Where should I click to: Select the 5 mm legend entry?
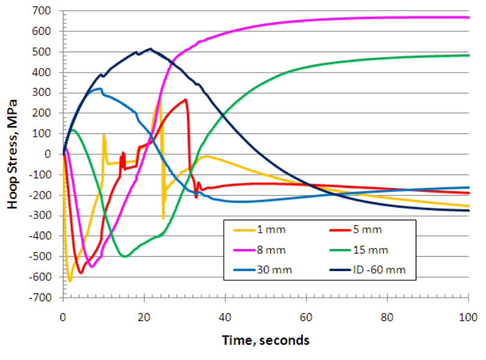click(x=364, y=229)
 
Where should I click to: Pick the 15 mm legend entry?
click(x=366, y=250)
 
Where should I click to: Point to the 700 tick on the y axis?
click(x=49, y=11)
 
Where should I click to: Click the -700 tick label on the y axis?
click(x=47, y=298)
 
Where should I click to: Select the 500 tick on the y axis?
click(x=49, y=52)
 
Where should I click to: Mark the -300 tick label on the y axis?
click(x=47, y=215)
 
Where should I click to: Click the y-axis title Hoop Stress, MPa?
click(x=13, y=154)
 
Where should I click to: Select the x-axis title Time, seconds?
click(x=266, y=340)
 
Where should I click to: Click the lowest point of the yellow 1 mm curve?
click(x=70, y=280)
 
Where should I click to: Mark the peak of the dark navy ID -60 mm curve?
click(x=150, y=49)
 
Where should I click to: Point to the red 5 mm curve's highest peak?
click(x=186, y=100)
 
